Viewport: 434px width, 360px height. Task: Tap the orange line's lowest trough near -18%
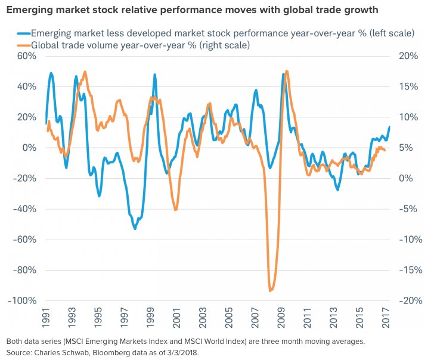click(271, 291)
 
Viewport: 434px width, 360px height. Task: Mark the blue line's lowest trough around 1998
click(135, 228)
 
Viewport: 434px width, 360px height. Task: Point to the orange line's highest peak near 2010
click(287, 71)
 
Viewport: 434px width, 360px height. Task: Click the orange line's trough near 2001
click(175, 210)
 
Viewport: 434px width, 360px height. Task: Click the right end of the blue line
click(389, 127)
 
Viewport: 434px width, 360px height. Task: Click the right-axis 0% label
click(405, 178)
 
